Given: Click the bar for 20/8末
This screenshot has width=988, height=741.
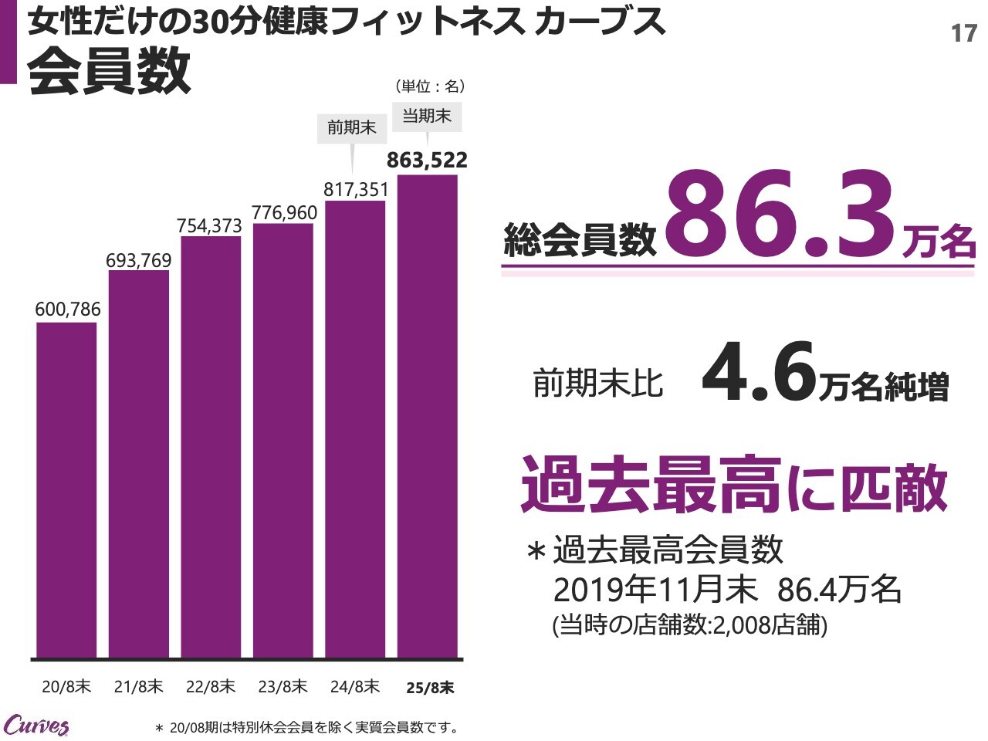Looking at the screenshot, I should point(66,490).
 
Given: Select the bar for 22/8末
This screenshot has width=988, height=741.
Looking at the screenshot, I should point(211,447).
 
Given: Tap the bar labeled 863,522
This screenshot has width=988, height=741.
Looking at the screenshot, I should point(427,417).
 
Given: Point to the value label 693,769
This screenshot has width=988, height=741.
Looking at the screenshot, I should point(139,261).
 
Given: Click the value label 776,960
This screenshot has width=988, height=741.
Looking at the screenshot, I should point(284,212).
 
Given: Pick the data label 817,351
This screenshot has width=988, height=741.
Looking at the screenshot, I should point(356,189).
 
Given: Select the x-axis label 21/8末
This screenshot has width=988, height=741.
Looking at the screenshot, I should point(139,686).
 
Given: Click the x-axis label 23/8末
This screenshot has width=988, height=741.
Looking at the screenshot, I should point(283,686).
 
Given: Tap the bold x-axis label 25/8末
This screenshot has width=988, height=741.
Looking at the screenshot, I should point(430,687).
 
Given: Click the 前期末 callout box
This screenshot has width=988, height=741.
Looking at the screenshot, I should point(352,127).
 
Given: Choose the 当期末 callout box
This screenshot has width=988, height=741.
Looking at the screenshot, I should point(427,117).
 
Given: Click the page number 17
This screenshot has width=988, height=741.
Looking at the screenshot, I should point(963,33).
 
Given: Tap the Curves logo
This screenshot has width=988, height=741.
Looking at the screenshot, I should point(36,726).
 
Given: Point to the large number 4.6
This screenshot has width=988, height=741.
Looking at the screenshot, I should point(759,375).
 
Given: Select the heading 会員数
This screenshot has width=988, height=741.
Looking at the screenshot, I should point(109,70).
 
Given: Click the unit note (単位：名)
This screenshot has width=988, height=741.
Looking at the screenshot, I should point(430,86).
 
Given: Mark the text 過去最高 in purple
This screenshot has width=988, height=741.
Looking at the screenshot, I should point(651,485).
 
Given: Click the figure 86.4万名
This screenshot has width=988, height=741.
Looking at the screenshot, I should point(839,590).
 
